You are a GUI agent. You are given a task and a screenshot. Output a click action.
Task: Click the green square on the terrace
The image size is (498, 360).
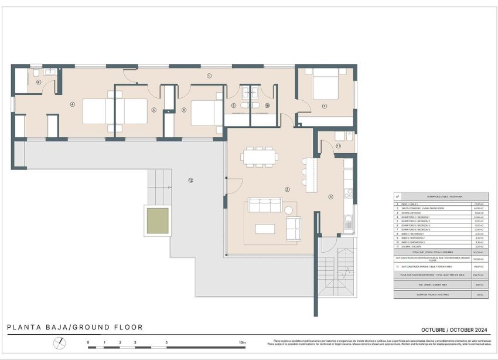point(158,220)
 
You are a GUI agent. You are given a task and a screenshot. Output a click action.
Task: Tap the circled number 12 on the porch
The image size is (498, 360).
point(190,180)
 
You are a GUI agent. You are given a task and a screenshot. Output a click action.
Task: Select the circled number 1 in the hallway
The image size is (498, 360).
point(209,76)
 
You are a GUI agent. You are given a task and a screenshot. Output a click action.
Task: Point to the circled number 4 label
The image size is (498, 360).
point(73,105)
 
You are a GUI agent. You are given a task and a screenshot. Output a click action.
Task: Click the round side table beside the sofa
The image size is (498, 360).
point(289,210)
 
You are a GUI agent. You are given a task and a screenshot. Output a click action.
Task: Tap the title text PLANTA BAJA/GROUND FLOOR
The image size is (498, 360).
point(74,327)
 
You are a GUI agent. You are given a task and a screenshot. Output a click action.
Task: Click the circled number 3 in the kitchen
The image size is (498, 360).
point(330,197)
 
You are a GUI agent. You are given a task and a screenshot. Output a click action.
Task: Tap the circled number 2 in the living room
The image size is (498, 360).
point(287,189)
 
